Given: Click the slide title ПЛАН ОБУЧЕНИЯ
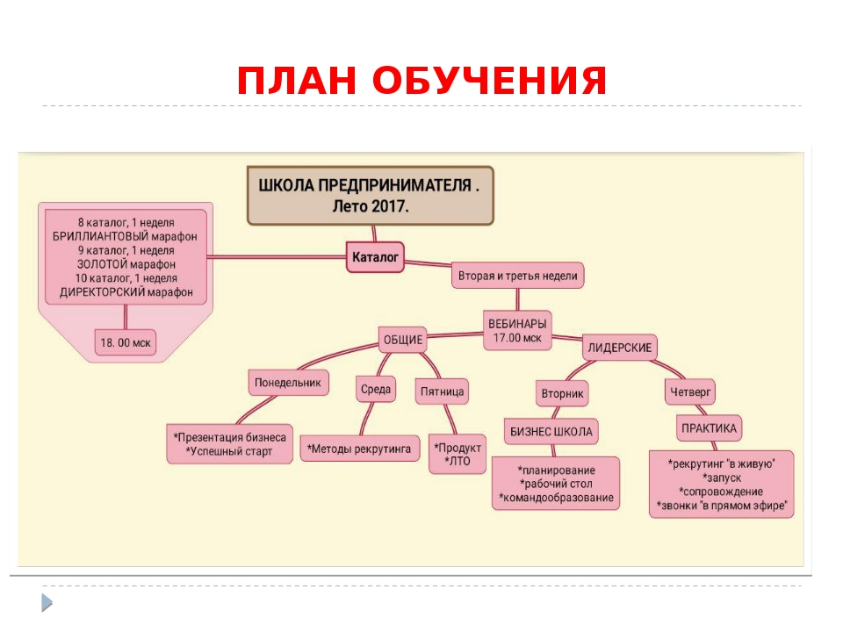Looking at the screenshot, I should tap(421, 82).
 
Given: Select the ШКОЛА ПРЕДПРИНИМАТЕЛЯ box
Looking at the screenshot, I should tap(370, 196).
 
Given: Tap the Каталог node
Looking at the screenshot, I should tap(376, 257).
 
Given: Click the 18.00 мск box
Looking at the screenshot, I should tap(125, 343).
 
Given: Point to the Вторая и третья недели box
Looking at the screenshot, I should tap(517, 276).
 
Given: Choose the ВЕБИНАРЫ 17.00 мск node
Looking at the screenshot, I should tap(517, 330).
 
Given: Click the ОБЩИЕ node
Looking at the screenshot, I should tap(402, 339).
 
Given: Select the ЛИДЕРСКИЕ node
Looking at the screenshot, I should tap(620, 348).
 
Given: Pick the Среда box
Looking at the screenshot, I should tap(376, 389).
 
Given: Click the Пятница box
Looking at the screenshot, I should tap(442, 391).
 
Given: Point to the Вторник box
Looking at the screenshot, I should tap(562, 394).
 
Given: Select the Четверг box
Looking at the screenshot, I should tap(691, 391).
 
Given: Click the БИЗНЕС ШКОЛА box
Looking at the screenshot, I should tap(551, 431).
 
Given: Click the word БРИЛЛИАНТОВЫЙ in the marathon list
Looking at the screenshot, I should tap(92, 236).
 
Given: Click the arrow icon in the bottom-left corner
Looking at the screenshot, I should tap(46, 602).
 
